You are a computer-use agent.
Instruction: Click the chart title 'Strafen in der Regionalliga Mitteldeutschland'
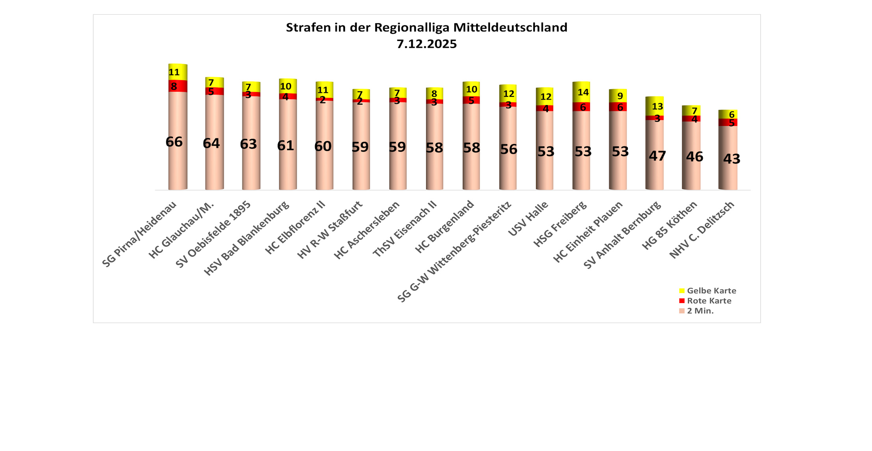point(426,28)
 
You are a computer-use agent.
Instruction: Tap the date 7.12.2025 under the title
point(426,44)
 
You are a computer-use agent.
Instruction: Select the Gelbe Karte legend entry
point(707,291)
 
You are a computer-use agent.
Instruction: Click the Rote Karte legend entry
point(705,301)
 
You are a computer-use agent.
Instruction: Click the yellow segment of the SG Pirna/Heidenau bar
point(178,72)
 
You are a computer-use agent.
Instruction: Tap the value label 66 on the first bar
point(174,142)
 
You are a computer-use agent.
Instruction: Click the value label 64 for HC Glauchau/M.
point(211,143)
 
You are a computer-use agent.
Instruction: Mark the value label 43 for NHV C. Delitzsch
point(731,159)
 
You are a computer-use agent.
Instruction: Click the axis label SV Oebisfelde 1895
point(213,235)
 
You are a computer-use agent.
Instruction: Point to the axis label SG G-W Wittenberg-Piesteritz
point(455,252)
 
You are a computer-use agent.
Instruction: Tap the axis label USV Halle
point(528,219)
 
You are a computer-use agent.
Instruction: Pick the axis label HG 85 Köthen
point(670,225)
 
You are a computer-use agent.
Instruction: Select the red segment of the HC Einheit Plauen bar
point(618,107)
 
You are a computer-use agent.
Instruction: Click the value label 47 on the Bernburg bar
point(657,156)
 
